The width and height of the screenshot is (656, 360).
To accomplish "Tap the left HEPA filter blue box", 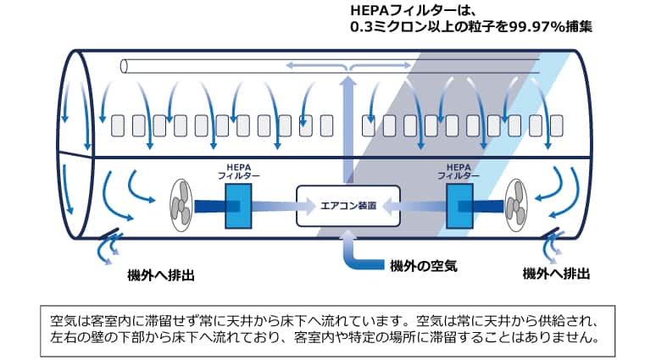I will pyautogui.click(x=238, y=206).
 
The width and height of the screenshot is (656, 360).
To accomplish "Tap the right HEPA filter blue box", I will pyautogui.click(x=459, y=206).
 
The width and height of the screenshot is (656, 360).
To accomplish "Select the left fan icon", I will pyautogui.click(x=179, y=206).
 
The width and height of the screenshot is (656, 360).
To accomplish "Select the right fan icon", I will pyautogui.click(x=516, y=206).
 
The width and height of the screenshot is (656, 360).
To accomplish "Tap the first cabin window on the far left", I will pyautogui.click(x=119, y=125).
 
